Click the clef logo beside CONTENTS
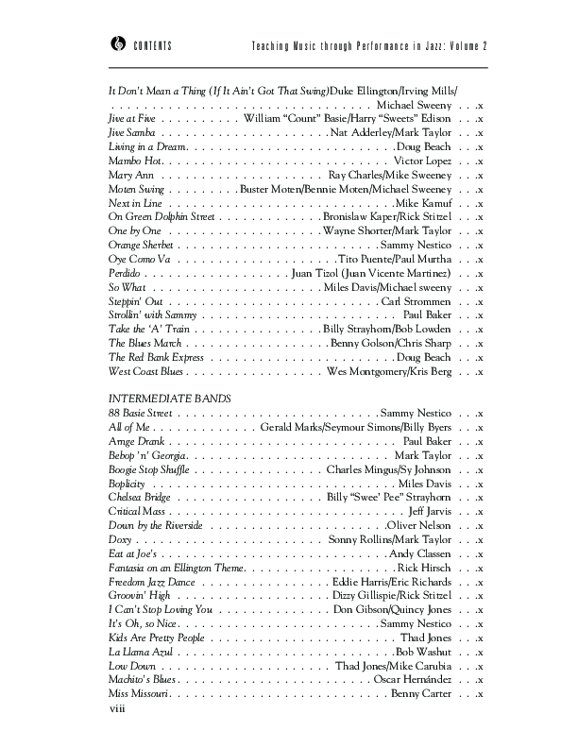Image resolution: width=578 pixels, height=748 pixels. coord(116,46)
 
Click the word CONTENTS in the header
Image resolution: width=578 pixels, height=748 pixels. coord(152,47)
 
